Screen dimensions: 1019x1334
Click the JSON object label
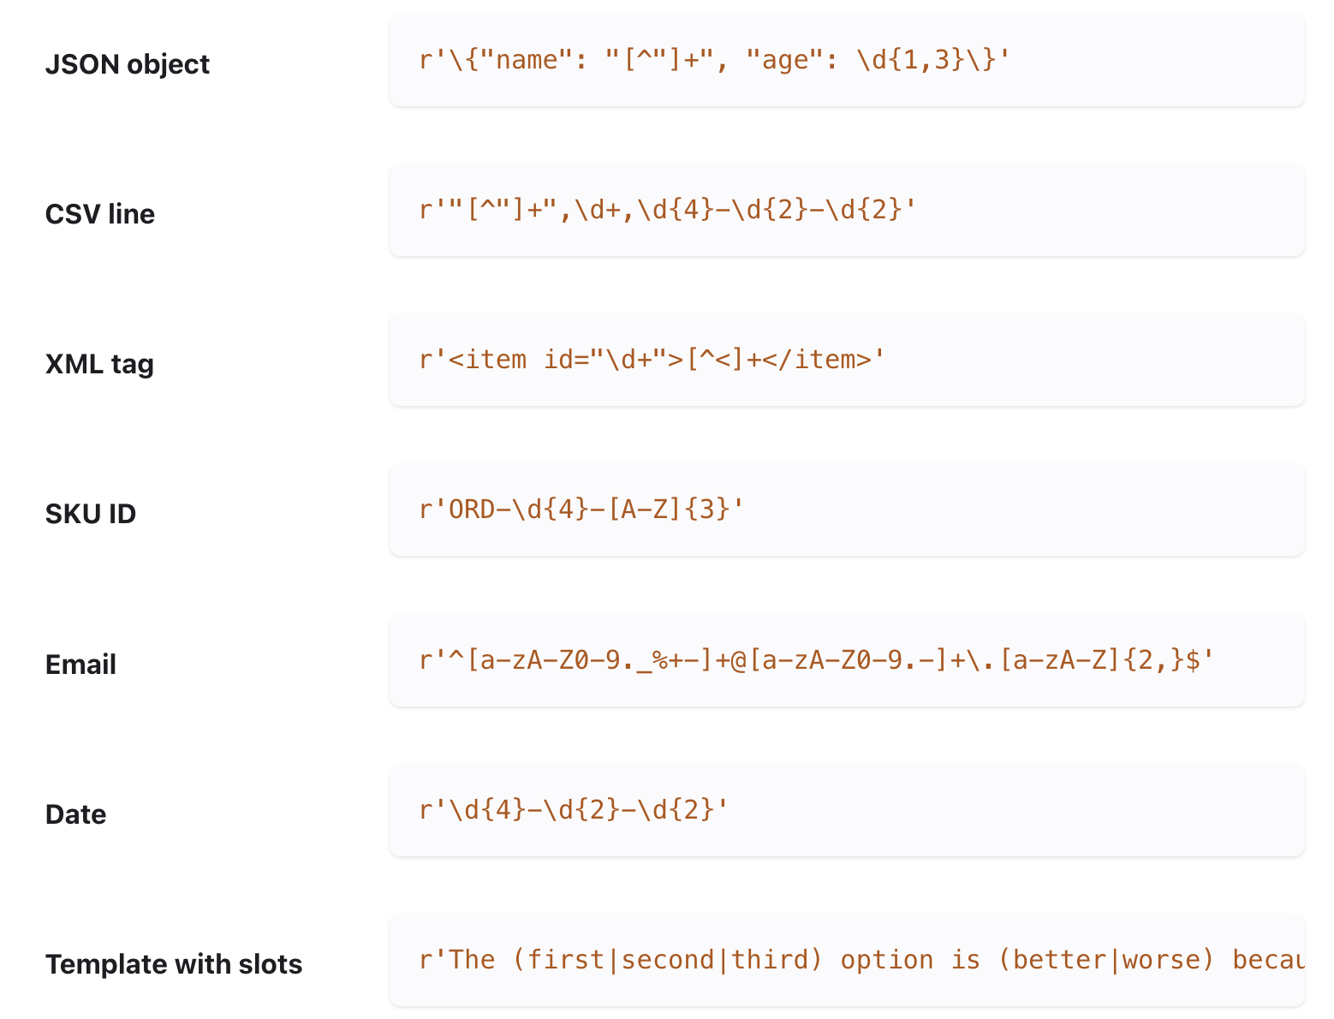[127, 64]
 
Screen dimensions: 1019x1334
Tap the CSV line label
[99, 214]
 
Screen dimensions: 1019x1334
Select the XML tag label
[99, 364]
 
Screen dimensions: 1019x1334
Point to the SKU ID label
[90, 514]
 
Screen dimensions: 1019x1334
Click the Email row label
[80, 664]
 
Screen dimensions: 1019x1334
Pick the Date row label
[75, 814]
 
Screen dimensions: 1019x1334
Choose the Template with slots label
[173, 964]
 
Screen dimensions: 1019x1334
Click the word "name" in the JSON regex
[527, 60]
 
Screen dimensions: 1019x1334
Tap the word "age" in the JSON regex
[785, 60]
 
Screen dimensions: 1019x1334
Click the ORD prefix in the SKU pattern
[472, 510]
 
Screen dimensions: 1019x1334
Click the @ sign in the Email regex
[739, 660]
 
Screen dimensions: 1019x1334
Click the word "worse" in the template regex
[1161, 960]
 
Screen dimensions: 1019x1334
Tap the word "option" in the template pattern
[886, 960]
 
